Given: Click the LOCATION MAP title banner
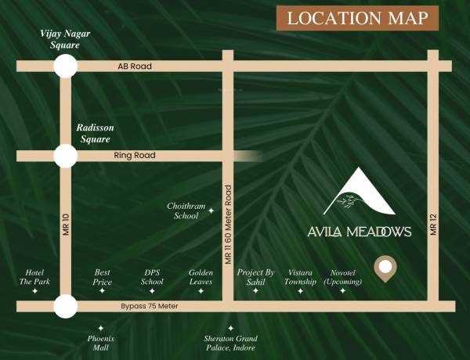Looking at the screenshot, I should tap(357, 19).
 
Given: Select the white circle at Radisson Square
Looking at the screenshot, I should tap(65, 157).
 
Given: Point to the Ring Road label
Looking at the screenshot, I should tap(135, 156).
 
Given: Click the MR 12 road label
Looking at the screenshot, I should tap(432, 227).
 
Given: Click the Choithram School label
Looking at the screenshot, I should tap(186, 211).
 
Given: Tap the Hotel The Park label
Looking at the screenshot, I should tap(34, 277).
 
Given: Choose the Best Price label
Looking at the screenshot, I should tap(103, 277).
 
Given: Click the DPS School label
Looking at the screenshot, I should tap(152, 277).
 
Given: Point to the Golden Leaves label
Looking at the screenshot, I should tap(201, 277).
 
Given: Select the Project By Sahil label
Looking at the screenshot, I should tap(255, 277).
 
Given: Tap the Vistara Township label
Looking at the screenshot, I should tap(301, 277).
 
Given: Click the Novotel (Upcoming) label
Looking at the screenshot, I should tap(343, 277).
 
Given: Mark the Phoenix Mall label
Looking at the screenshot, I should tap(100, 343).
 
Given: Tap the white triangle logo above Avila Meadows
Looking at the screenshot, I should tap(358, 194).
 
